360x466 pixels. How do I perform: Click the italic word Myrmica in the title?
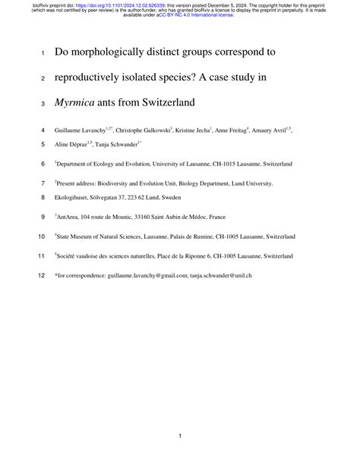click(80, 103)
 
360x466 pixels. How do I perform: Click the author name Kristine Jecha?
click(198, 130)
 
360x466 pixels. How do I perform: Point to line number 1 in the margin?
click(44, 54)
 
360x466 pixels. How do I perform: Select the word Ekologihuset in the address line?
click(74, 197)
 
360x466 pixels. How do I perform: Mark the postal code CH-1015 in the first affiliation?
click(228, 163)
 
